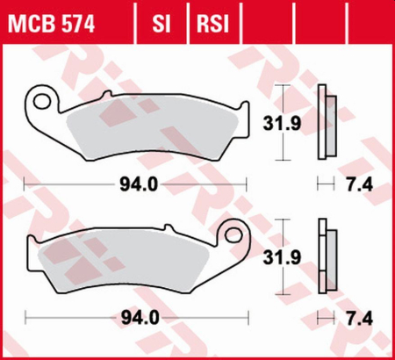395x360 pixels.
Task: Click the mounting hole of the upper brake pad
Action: [39, 97]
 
